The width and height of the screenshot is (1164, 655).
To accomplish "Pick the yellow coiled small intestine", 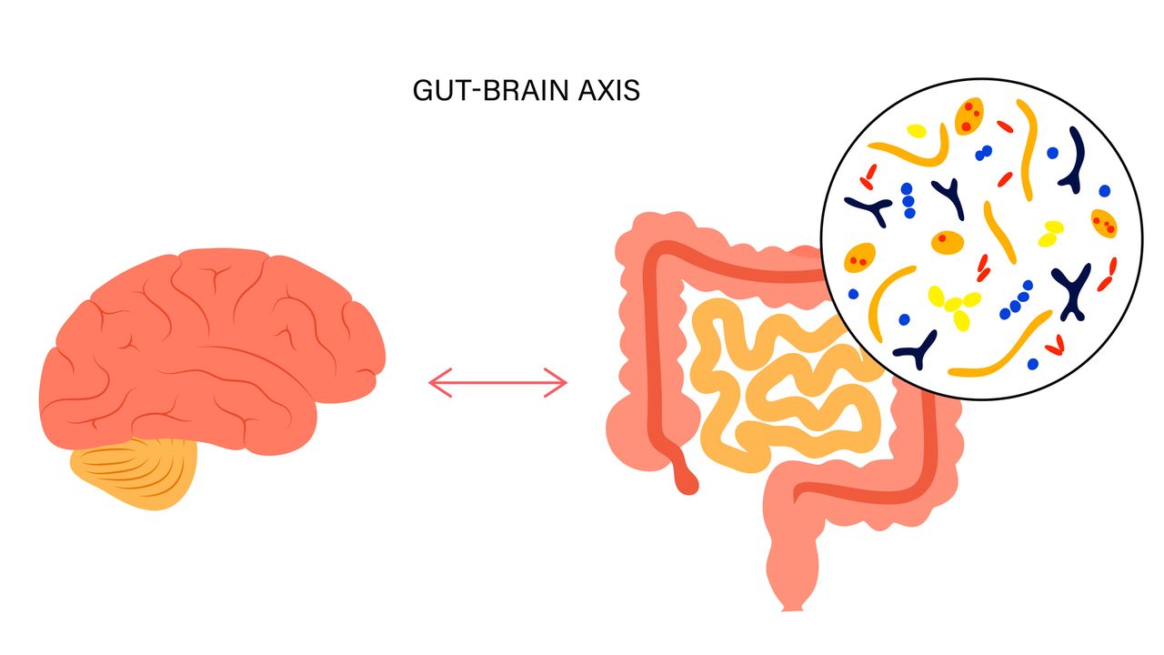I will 773,382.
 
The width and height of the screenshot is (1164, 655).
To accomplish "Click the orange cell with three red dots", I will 968,114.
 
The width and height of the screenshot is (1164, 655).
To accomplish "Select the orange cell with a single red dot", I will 947,243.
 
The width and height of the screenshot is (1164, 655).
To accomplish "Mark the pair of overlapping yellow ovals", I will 1051,233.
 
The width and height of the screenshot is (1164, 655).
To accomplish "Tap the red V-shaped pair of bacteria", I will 1055,345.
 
